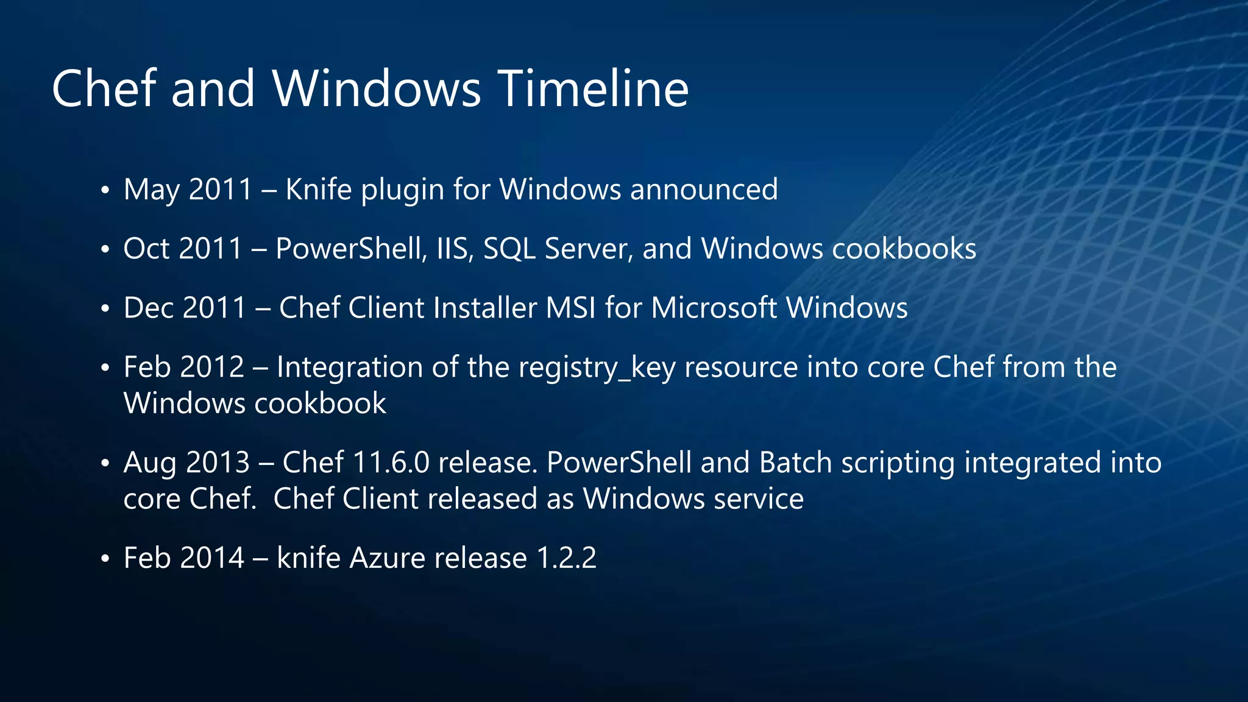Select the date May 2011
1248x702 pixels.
click(x=188, y=190)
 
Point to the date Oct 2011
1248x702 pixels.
click(x=183, y=249)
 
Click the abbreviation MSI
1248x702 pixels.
click(x=571, y=308)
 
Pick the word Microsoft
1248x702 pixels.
click(x=714, y=308)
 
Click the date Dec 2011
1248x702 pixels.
click(x=185, y=308)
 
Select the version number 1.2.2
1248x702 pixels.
click(x=566, y=558)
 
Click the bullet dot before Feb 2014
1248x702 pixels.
click(x=105, y=559)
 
